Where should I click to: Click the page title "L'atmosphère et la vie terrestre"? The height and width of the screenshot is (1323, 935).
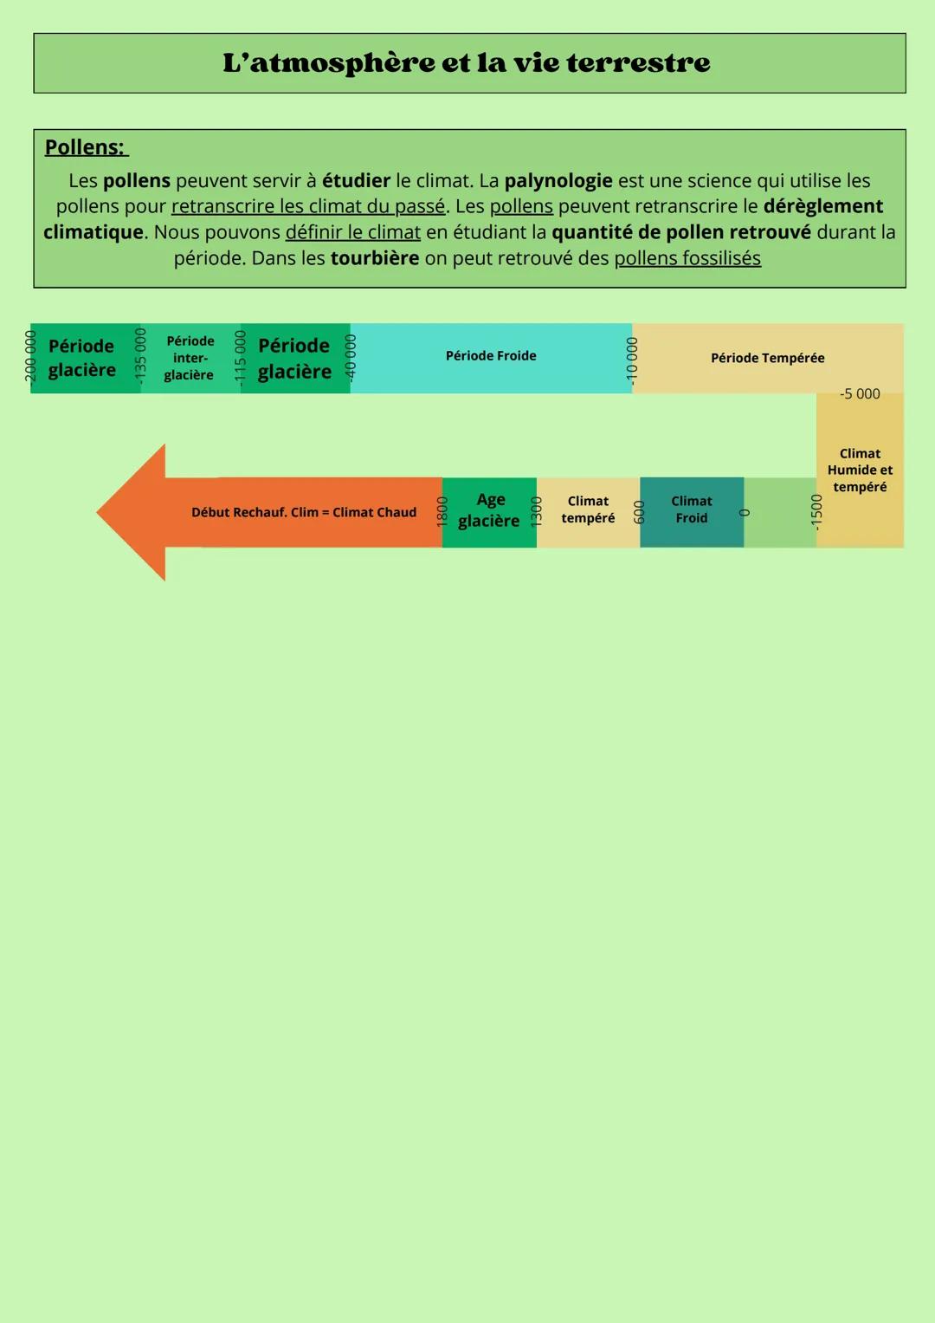tap(467, 62)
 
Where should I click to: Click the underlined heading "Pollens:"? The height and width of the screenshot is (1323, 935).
tap(86, 147)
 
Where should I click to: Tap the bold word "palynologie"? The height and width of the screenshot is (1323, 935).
tap(558, 180)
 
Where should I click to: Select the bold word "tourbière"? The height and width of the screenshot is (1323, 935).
tap(375, 258)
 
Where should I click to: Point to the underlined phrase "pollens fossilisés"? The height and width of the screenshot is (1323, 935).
tap(687, 258)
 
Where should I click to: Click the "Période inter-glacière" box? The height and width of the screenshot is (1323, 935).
tap(190, 358)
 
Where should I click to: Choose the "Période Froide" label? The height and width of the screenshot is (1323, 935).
tap(491, 356)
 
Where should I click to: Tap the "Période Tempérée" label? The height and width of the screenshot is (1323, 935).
tap(767, 358)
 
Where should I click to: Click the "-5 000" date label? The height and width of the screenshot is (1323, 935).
tap(860, 394)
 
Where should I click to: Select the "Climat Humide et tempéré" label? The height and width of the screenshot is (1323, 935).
tap(860, 470)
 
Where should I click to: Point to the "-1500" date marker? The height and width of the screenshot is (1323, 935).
tap(816, 511)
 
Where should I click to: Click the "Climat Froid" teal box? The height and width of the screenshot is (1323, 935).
tap(692, 510)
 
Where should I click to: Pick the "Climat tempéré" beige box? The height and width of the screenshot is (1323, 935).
tap(588, 510)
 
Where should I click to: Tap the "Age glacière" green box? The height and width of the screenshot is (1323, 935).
tap(489, 510)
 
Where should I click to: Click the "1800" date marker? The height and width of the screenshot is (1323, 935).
tap(442, 511)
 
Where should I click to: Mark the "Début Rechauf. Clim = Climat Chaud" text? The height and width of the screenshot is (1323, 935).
tap(304, 512)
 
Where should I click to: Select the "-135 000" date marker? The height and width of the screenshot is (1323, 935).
tap(140, 354)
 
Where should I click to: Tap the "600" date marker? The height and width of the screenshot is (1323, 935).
tap(640, 511)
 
